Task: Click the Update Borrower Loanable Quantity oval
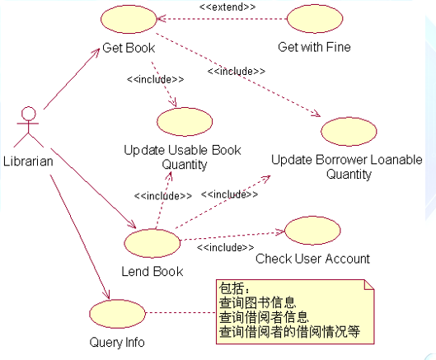coord(347,133)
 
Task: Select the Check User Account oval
coord(311,231)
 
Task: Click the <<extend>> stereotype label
coord(227,7)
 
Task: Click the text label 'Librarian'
coord(28,161)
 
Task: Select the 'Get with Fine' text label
coord(314,47)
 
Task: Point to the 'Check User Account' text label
coord(312,259)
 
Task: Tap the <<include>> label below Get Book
coord(154,79)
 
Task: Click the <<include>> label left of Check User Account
coord(225,246)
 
